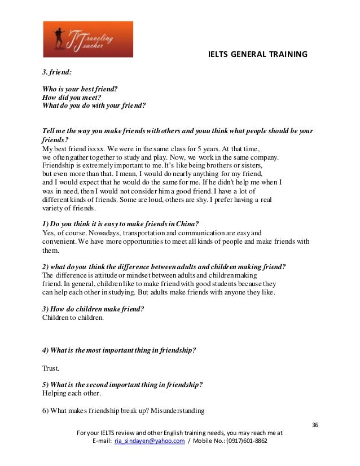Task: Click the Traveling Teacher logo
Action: click(x=87, y=39)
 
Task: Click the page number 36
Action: click(x=315, y=424)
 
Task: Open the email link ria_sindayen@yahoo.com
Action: click(x=150, y=441)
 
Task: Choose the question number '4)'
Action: click(x=46, y=350)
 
